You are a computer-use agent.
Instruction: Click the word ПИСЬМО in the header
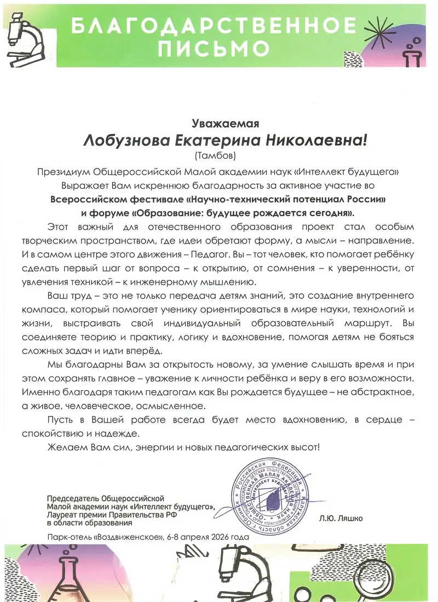tap(214, 48)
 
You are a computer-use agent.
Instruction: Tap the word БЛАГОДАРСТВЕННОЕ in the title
tap(214, 25)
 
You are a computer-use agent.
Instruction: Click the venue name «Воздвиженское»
tap(132, 536)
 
